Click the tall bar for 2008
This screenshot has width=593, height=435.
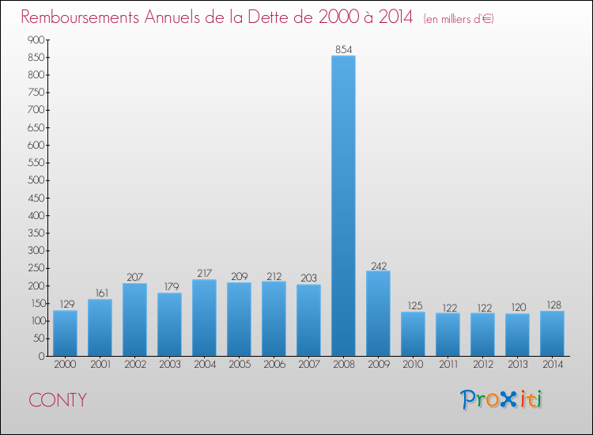coord(343,206)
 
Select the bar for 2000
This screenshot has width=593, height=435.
coord(65,333)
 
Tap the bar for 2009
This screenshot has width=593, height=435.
coord(378,313)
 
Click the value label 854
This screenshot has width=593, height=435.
coord(343,49)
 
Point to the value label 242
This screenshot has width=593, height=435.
coord(378,265)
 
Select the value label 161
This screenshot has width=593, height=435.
coord(100,293)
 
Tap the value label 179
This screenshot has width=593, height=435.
coord(169,286)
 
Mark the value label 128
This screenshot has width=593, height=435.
coord(552,304)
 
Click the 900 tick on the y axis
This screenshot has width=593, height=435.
coord(34,40)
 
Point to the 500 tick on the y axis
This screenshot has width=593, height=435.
coord(34,180)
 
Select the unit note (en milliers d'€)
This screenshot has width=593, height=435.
coord(459,18)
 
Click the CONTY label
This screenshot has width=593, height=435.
coord(58,400)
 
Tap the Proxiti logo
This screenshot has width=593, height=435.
coord(501,399)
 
